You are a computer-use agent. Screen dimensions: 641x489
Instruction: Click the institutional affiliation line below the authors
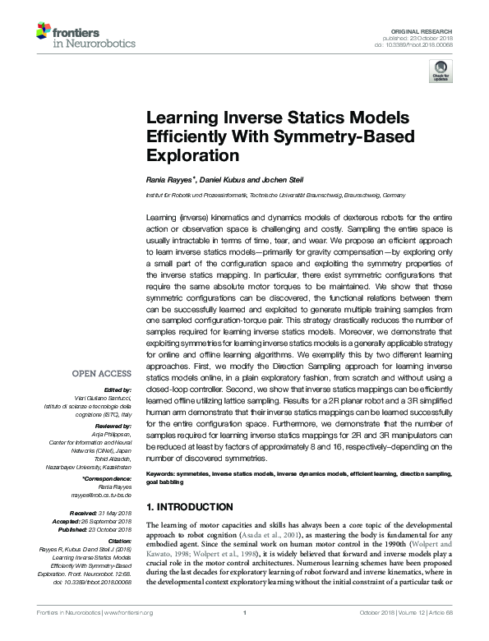(x=275, y=195)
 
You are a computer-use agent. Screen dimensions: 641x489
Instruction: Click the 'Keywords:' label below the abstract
(x=165, y=475)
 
